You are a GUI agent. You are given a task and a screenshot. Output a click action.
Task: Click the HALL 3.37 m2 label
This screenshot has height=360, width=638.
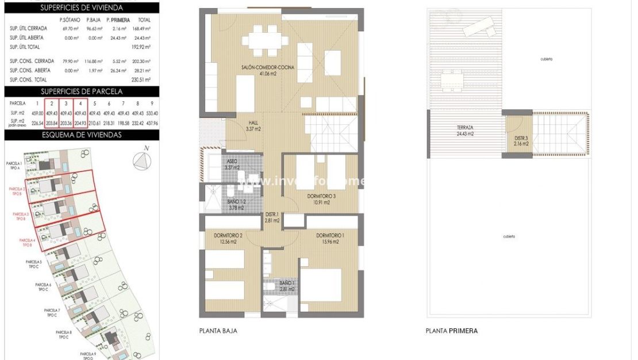[253, 126]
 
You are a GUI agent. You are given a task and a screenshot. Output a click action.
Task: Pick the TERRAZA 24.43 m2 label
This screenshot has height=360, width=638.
[465, 131]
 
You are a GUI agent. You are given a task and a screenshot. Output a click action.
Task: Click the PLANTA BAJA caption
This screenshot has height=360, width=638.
[218, 331]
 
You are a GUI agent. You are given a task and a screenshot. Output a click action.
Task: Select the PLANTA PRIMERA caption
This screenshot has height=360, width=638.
[451, 331]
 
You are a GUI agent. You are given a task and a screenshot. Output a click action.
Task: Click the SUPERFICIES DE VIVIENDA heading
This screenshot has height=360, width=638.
[81, 7]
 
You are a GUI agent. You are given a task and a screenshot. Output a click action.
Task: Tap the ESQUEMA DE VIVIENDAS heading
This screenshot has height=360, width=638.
[81, 135]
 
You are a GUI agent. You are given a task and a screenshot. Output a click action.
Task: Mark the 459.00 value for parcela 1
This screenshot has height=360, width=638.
[38, 113]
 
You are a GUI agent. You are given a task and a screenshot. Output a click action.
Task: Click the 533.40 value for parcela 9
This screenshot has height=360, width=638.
[152, 113]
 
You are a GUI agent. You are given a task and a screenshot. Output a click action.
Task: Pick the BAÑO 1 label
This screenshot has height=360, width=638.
[287, 286]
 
